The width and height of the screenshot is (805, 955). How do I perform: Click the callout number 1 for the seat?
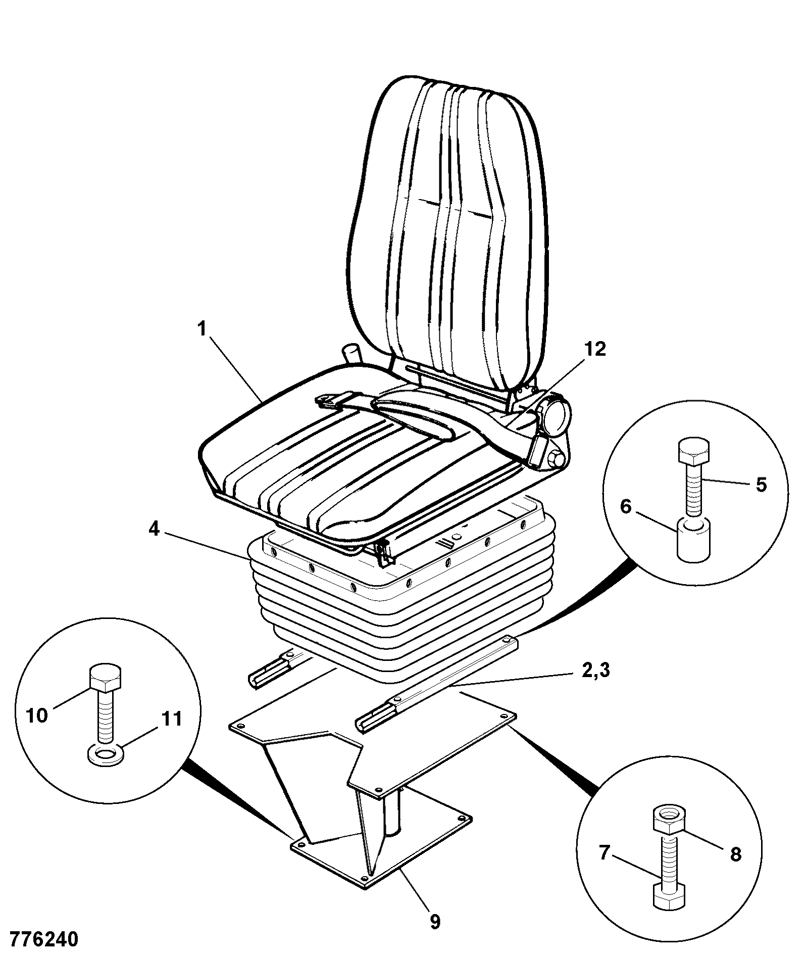coord(202,329)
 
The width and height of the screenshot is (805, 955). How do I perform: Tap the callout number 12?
coord(595,349)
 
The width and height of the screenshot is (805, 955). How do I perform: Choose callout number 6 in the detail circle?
coord(626,505)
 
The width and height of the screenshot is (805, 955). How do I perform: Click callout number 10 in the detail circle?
coord(36,715)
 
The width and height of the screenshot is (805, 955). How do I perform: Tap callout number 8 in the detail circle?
coord(735,853)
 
